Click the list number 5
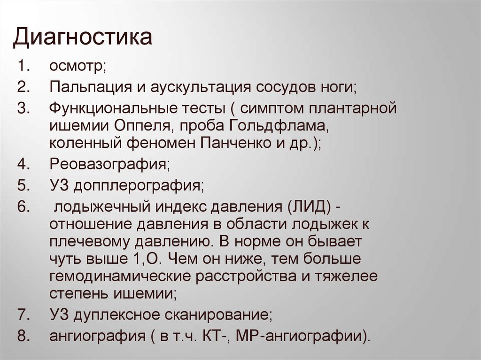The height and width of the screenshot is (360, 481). (24, 185)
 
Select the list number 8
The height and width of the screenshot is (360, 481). (24, 336)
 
